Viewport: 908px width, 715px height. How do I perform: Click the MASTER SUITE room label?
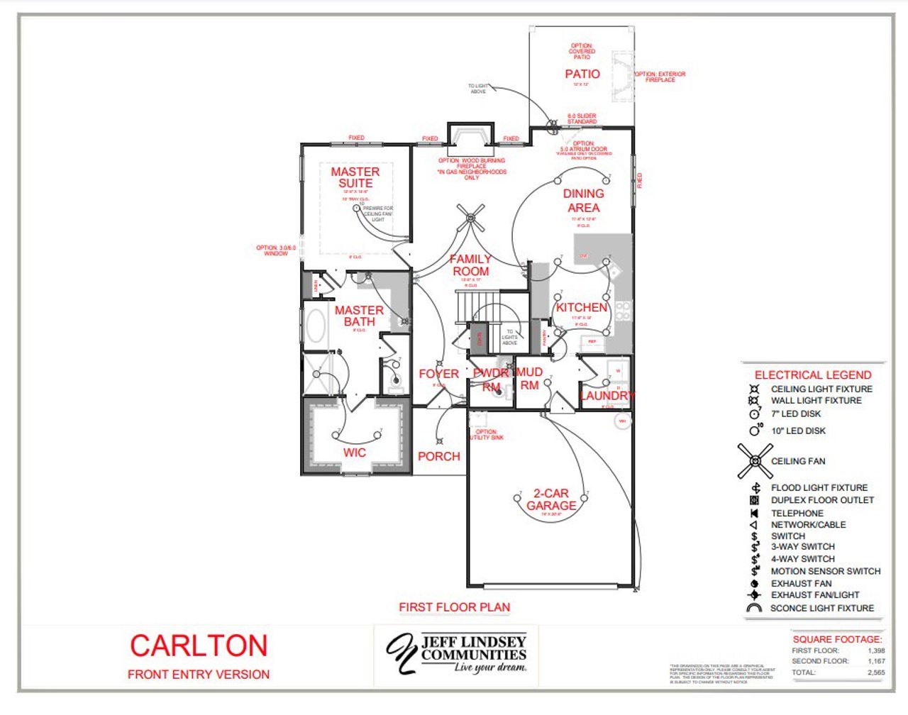click(x=355, y=177)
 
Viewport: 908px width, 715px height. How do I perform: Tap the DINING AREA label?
click(x=583, y=201)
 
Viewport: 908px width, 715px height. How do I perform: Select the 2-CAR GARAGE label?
click(x=551, y=499)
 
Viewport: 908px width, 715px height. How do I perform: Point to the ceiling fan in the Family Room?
click(x=470, y=218)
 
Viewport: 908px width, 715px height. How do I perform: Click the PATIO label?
click(x=582, y=74)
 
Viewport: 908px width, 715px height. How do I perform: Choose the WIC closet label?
click(x=355, y=453)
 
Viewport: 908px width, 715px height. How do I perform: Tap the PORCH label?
click(x=438, y=456)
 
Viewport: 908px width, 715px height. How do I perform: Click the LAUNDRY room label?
click(x=607, y=395)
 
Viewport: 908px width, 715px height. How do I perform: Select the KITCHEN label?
click(x=582, y=307)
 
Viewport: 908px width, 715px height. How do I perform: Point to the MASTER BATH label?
click(x=359, y=316)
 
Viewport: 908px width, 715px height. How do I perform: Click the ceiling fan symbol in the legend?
click(x=754, y=461)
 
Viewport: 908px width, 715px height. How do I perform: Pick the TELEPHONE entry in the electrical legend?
click(x=797, y=513)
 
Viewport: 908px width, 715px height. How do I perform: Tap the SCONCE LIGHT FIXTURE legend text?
click(x=822, y=608)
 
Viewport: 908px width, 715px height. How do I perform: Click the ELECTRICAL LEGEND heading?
click(x=813, y=375)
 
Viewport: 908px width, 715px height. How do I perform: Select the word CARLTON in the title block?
click(x=199, y=645)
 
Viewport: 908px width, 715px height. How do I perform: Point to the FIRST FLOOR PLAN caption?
click(x=454, y=607)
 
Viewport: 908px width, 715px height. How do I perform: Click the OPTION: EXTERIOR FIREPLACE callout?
click(x=660, y=77)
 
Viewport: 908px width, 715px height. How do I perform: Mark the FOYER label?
click(x=438, y=374)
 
